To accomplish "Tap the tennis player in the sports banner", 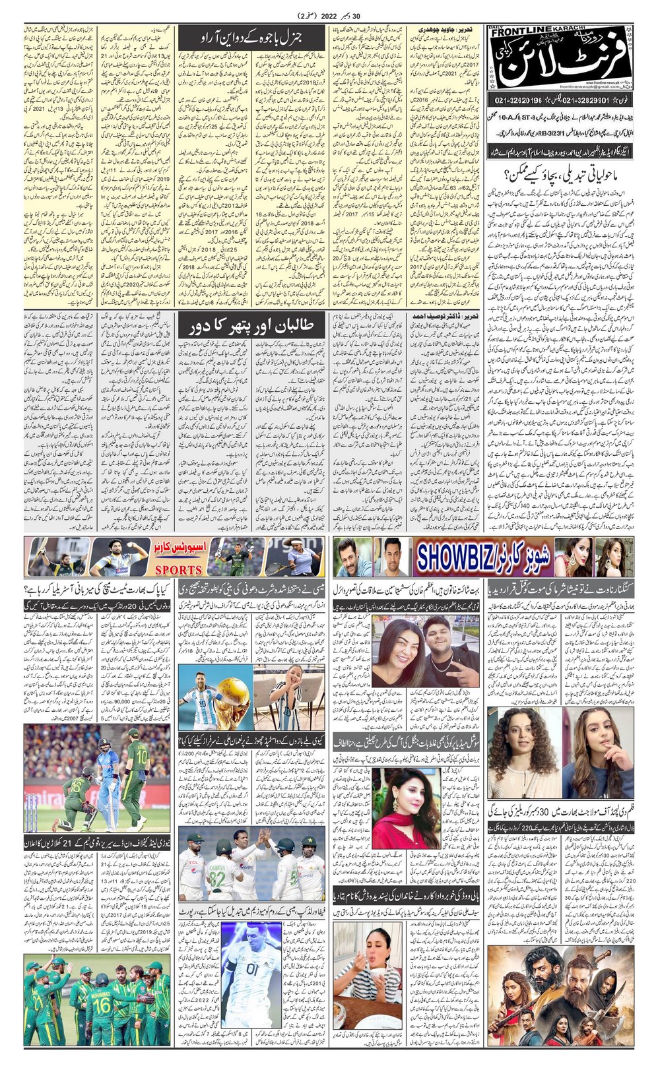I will pos(301,558).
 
